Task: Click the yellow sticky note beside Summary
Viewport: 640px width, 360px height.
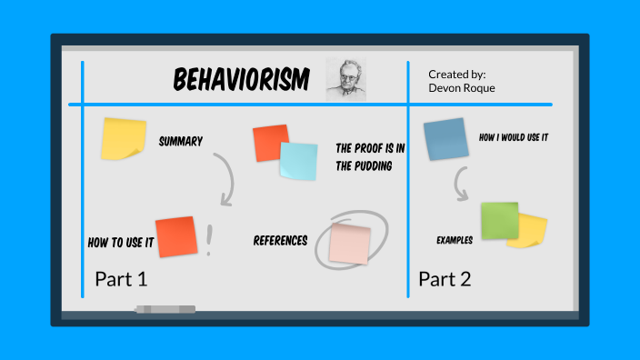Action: coord(123,137)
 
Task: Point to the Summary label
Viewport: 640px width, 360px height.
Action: coord(180,141)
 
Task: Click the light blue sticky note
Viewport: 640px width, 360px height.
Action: coord(298,161)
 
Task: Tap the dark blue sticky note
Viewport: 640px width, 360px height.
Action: coord(445,139)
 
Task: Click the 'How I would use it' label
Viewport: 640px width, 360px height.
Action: coord(513,137)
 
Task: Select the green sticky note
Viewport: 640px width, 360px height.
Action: coord(499,221)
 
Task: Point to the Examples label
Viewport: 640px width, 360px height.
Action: coord(455,240)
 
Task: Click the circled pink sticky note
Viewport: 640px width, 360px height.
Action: coord(350,242)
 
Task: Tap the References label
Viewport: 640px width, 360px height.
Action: coord(280,241)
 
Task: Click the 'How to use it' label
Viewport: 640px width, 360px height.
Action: coord(120,243)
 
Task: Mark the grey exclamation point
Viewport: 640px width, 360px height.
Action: coord(211,239)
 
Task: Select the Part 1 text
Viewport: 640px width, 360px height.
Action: coord(120,279)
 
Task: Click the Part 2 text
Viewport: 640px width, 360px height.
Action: coord(445,279)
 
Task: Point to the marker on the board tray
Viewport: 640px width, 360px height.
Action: coord(165,309)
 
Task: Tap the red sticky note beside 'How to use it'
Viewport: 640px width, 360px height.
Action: coord(175,236)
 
